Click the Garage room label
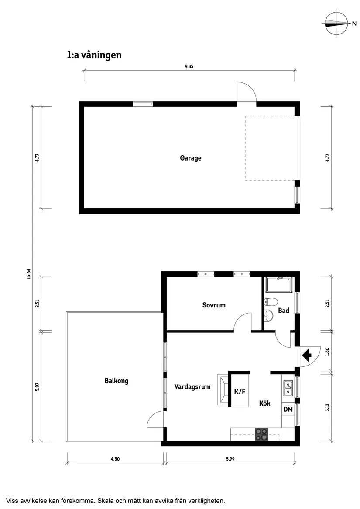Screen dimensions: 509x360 click(191, 158)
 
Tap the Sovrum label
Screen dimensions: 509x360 click(214, 305)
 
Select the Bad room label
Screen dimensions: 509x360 click(284, 311)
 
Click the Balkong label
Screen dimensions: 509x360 click(117, 381)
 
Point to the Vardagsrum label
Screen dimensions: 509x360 click(192, 386)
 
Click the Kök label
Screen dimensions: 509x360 click(264, 403)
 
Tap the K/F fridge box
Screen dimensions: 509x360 click(240, 391)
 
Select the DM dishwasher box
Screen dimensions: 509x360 click(288, 409)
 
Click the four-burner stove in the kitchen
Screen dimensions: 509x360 click(262, 434)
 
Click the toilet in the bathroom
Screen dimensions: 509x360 click(271, 302)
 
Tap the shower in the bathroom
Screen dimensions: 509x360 click(279, 284)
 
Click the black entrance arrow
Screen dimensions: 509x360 click(309, 355)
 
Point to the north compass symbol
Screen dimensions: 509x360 click(337, 24)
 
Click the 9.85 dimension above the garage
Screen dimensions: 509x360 click(189, 66)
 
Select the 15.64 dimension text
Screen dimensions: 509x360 click(28, 273)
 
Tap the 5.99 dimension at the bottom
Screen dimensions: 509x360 click(230, 458)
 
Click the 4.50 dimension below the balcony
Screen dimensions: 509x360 click(114, 458)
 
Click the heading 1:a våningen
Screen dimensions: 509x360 click(94, 55)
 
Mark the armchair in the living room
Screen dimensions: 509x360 click(223, 389)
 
